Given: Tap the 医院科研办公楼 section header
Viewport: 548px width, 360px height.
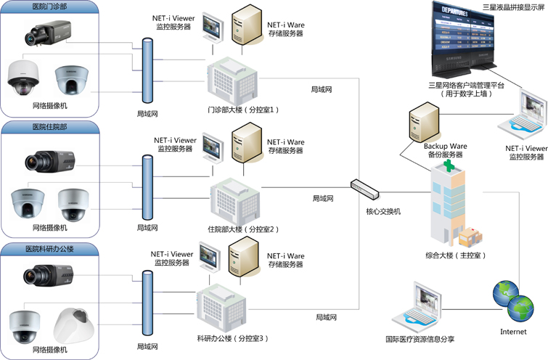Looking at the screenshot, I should (50, 248).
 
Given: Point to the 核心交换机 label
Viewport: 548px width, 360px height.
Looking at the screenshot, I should (383, 212).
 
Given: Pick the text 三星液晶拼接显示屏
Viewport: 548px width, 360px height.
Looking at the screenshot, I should (512, 7).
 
